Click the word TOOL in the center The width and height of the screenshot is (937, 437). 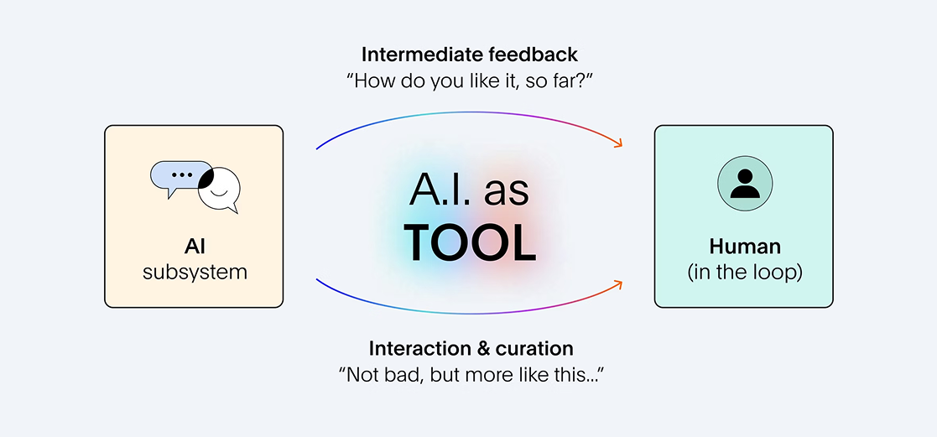point(469,242)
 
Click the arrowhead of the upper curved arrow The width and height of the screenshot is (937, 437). point(619,145)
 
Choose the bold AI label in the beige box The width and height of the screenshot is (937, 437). point(195,247)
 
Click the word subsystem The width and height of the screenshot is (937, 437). point(194,273)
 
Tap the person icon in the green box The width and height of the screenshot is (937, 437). point(744,184)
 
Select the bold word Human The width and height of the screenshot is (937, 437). point(744,247)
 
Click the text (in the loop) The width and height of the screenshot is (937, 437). point(744,273)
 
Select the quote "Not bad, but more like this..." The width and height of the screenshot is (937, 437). point(471,375)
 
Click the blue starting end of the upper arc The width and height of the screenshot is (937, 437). point(320,148)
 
